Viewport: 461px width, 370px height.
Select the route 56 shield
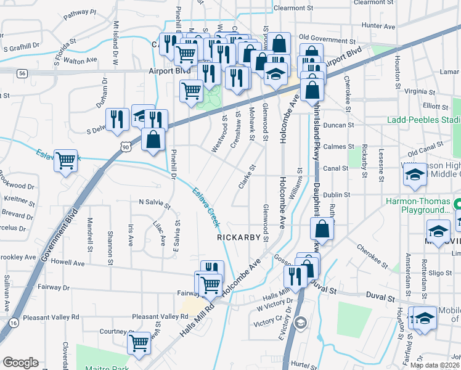(x=22, y=73)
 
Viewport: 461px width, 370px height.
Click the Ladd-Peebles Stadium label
(x=424, y=119)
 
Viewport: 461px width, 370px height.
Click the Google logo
(x=20, y=362)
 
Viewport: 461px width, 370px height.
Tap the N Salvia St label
(x=158, y=202)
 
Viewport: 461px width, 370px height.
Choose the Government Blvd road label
(x=61, y=235)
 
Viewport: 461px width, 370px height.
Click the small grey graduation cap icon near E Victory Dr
(x=300, y=322)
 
